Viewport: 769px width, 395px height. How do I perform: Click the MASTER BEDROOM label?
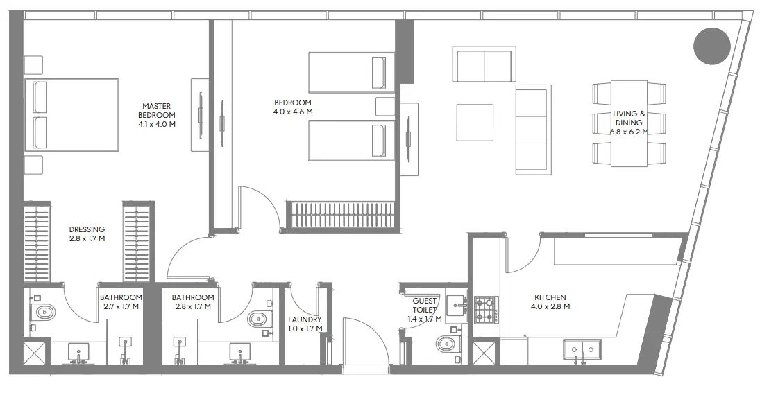pyautogui.click(x=157, y=110)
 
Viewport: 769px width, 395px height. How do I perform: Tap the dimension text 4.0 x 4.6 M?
pyautogui.click(x=293, y=111)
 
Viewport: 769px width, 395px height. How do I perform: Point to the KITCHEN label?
pyautogui.click(x=550, y=297)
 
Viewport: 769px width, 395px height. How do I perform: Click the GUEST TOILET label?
pyautogui.click(x=424, y=306)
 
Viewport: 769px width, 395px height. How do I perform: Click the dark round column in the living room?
pyautogui.click(x=711, y=46)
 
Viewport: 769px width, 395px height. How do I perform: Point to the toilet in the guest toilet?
pyautogui.click(x=446, y=343)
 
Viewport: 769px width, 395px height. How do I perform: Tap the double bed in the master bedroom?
pyautogui.click(x=71, y=114)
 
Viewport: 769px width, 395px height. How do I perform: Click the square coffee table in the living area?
pyautogui.click(x=475, y=123)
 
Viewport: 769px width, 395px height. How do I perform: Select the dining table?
pyautogui.click(x=629, y=123)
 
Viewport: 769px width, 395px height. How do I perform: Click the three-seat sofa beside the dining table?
pyautogui.click(x=533, y=130)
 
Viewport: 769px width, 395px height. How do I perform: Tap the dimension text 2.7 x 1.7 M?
pyautogui.click(x=121, y=306)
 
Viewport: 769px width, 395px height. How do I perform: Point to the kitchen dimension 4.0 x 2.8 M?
pyautogui.click(x=550, y=306)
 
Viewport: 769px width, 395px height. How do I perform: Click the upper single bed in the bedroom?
pyautogui.click(x=351, y=72)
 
